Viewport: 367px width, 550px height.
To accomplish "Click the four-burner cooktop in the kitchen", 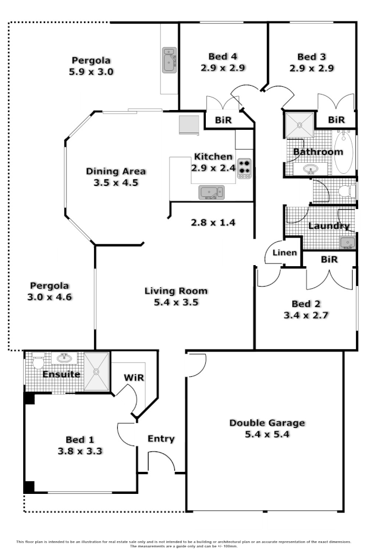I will (x=244, y=168).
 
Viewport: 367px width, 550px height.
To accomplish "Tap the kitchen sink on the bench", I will (x=211, y=192).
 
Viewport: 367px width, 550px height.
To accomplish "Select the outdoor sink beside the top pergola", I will (x=169, y=60).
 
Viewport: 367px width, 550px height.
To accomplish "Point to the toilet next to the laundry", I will (x=346, y=191).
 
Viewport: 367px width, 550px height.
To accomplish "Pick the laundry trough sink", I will (x=347, y=243).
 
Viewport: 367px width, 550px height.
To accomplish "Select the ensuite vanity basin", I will (x=64, y=358).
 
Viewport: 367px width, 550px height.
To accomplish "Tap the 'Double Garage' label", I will (x=267, y=423).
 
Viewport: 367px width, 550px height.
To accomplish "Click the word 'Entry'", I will (x=161, y=439).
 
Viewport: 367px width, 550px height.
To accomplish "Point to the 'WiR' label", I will (x=134, y=378).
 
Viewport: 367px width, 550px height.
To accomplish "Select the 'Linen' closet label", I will (x=286, y=253).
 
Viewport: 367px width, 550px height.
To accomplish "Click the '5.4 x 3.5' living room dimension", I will (x=176, y=302).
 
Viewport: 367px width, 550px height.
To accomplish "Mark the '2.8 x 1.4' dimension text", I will (x=213, y=223).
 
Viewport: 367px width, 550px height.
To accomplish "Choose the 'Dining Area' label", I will (x=116, y=171).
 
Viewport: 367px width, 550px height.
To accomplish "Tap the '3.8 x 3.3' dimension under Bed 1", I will (x=80, y=450).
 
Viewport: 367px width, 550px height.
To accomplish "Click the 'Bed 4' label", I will (x=223, y=57).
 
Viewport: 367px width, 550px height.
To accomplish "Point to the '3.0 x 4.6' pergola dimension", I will (x=50, y=296).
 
